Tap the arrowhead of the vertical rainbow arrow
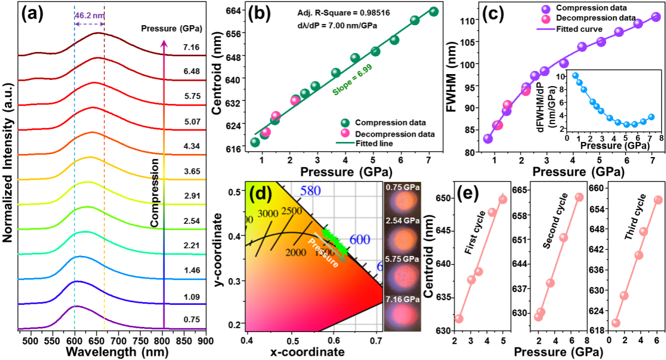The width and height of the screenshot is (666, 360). click(164, 44)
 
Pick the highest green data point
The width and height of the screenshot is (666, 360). click(434, 11)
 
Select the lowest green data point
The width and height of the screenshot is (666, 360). click(255, 142)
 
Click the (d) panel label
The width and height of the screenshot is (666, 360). click(260, 193)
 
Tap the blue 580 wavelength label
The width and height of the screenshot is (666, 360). click(310, 190)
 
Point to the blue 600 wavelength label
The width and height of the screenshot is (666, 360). click(360, 240)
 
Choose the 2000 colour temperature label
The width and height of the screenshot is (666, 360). click(296, 253)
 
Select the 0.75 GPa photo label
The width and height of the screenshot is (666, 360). click(402, 187)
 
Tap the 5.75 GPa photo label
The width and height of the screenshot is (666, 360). click(402, 260)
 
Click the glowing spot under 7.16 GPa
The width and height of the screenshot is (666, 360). click(402, 317)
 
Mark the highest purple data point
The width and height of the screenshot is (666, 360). click(656, 16)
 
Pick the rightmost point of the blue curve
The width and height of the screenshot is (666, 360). click(651, 117)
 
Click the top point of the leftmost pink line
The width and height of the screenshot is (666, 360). click(503, 199)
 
